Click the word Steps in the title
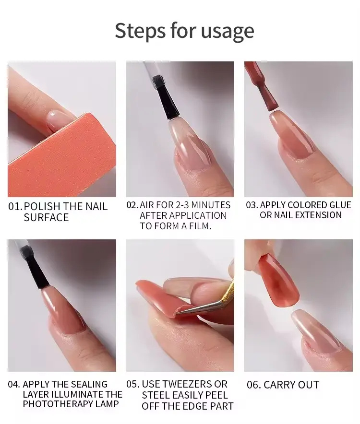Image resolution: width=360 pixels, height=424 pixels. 140,31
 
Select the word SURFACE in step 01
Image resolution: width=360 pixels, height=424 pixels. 46,218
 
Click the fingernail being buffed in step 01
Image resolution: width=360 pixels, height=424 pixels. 58,120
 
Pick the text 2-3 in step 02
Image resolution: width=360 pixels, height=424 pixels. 183,205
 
